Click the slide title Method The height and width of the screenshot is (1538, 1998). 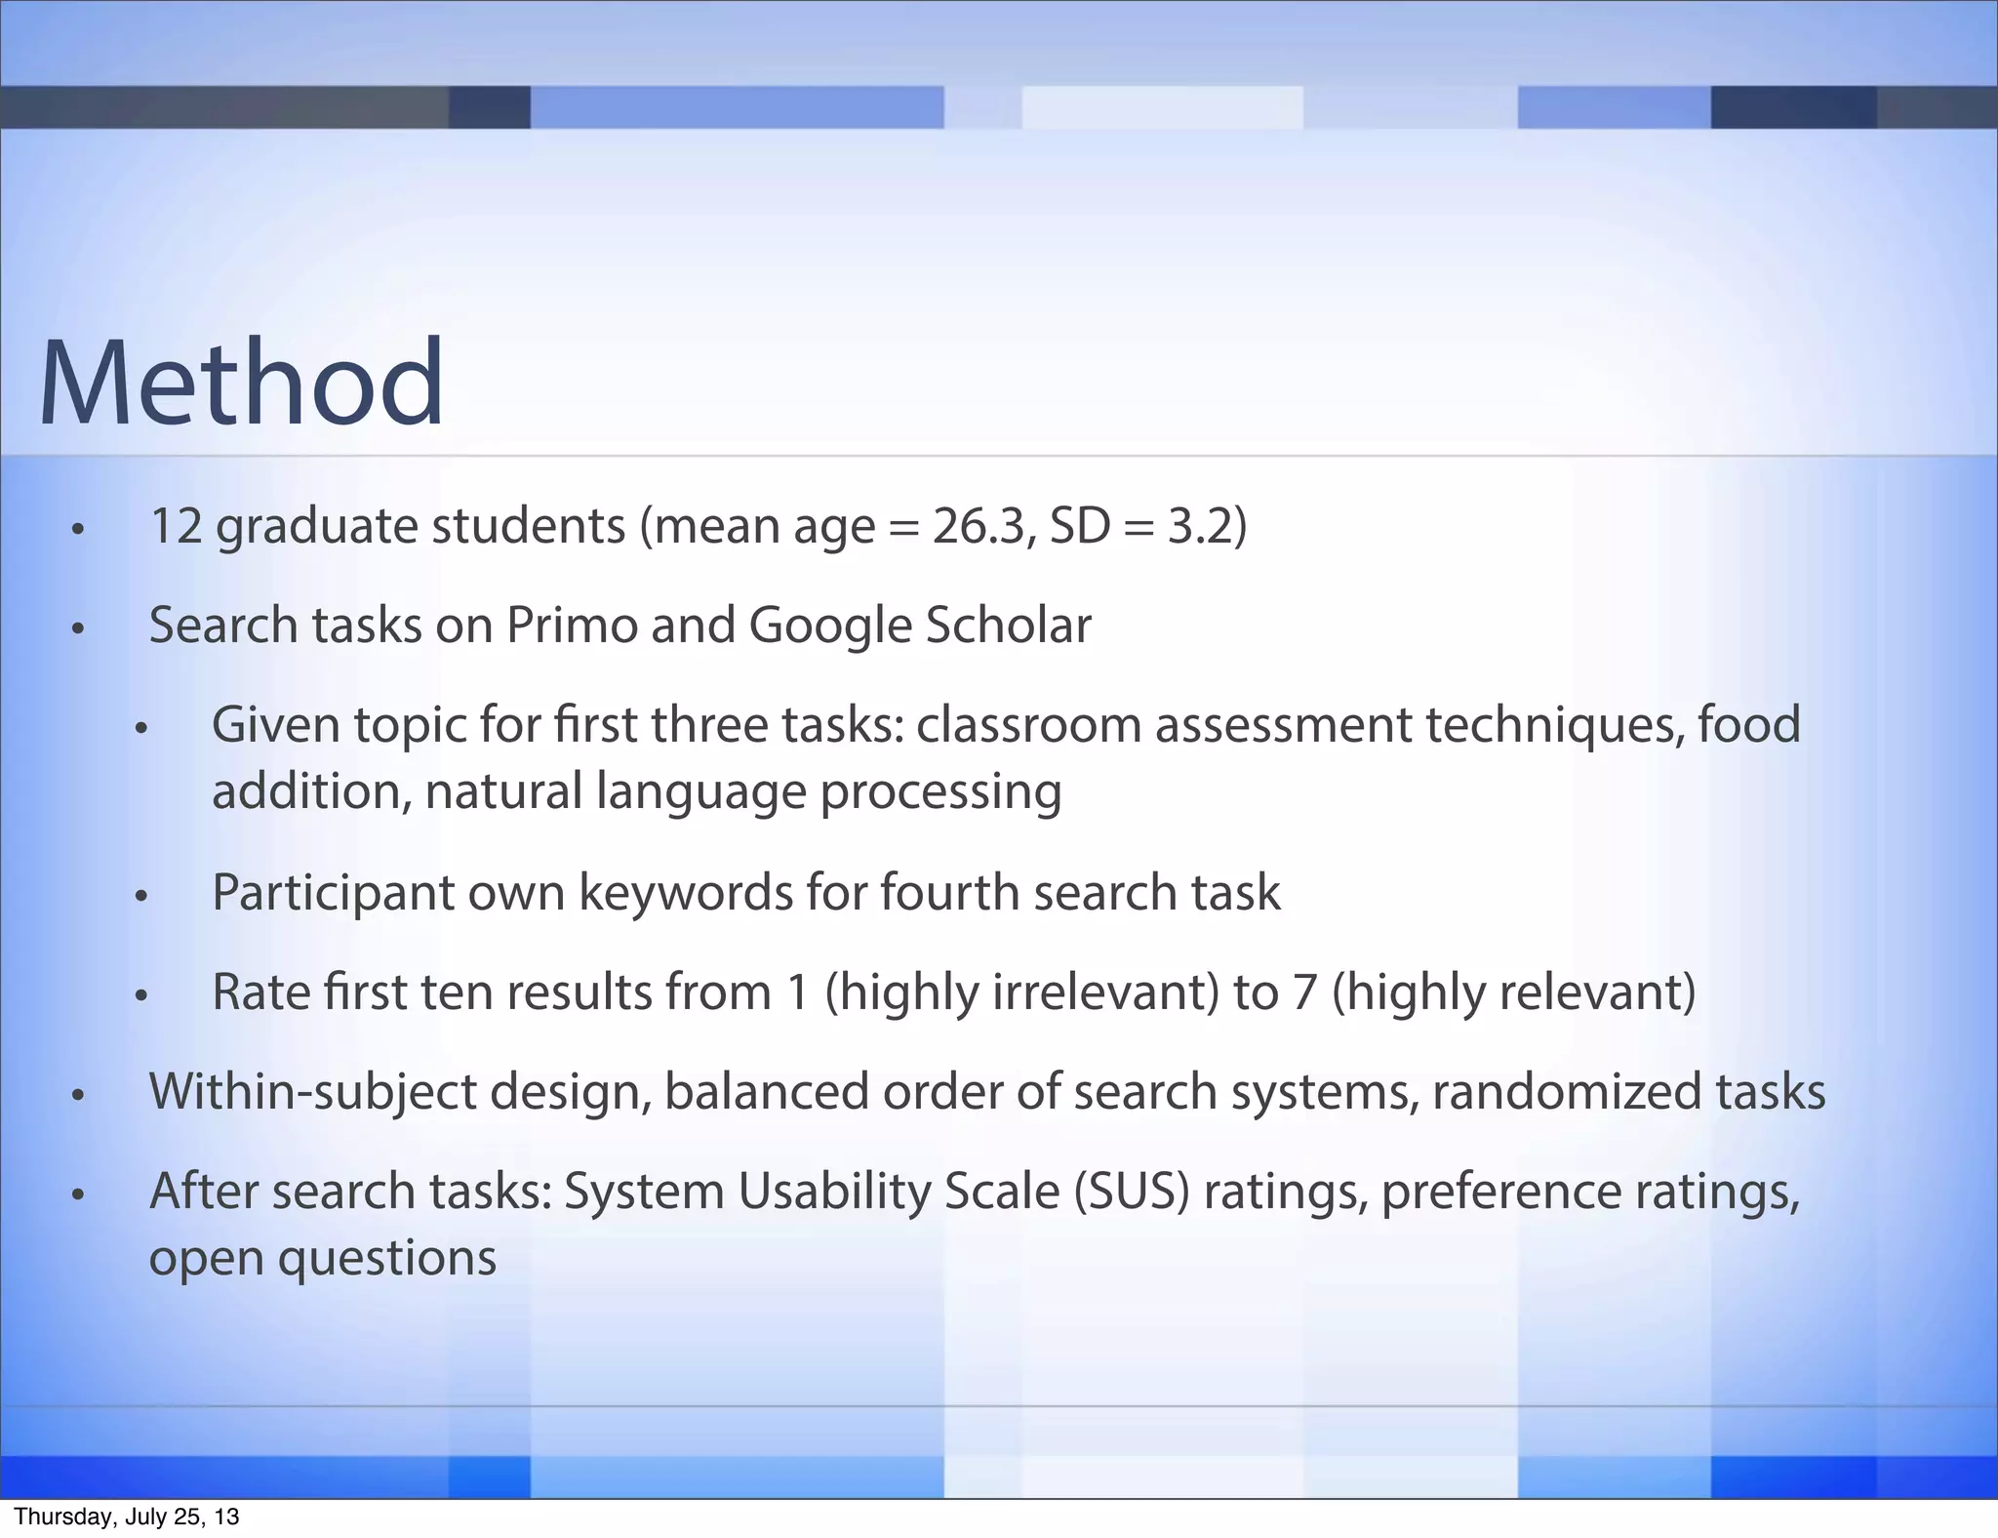[241, 383]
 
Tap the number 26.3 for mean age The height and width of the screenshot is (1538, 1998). [980, 526]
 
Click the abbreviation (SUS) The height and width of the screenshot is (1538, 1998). [1133, 1192]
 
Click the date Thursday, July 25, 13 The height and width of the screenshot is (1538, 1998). [127, 1517]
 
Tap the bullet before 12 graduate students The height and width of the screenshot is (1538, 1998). [78, 530]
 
